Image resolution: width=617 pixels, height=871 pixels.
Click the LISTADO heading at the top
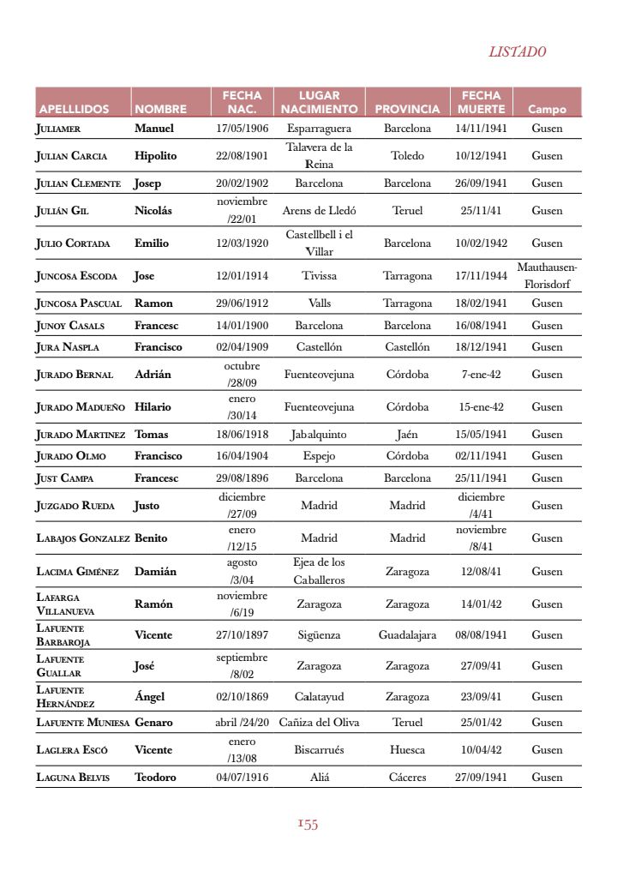click(517, 52)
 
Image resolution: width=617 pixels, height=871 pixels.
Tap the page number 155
click(308, 825)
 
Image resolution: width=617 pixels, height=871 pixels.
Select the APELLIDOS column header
click(74, 110)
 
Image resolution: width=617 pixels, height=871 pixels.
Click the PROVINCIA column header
click(407, 110)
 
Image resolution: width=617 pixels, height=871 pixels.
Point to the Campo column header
click(547, 110)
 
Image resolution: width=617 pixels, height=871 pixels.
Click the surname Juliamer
click(58, 129)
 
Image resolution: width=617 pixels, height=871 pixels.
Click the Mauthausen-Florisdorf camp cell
click(547, 276)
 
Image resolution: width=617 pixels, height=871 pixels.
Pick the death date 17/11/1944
click(481, 276)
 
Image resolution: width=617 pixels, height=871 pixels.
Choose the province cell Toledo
click(407, 156)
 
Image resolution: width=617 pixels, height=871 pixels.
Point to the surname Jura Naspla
click(67, 347)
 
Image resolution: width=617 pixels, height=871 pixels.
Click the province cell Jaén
click(407, 435)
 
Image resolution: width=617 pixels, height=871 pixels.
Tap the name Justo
click(147, 506)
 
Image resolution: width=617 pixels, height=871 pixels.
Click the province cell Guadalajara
click(407, 635)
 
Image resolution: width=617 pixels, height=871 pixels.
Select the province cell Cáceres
click(407, 778)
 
